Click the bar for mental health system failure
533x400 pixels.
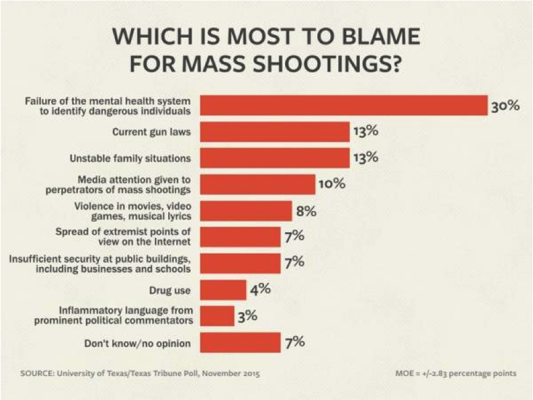pos(344,106)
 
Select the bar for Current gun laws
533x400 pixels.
pos(275,132)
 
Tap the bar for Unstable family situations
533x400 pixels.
pos(275,158)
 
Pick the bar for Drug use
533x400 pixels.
pos(224,289)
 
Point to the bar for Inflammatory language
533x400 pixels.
pos(218,316)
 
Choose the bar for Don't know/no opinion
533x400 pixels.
pos(241,342)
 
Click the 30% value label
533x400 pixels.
pos(505,106)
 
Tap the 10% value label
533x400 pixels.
pos(331,184)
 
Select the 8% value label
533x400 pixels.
pos(306,211)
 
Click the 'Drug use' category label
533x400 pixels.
pos(170,290)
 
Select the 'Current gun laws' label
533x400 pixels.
pos(151,132)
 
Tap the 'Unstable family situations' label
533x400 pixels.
pos(130,158)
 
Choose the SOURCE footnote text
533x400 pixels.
pos(140,373)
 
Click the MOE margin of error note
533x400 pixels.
pos(455,373)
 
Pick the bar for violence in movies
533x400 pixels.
pos(247,211)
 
